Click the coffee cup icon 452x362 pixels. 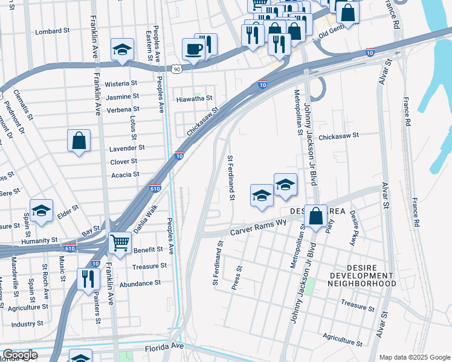(193, 48)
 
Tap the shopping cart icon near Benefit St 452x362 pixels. (120, 243)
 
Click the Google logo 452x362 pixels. (20, 355)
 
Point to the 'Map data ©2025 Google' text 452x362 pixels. (415, 357)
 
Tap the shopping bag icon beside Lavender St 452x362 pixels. (79, 141)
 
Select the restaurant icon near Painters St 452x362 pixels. (88, 278)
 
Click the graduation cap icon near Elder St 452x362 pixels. (42, 211)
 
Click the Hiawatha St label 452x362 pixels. (194, 98)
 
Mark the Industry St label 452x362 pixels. (27, 324)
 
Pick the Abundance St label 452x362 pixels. (140, 282)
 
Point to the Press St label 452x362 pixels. (237, 278)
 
